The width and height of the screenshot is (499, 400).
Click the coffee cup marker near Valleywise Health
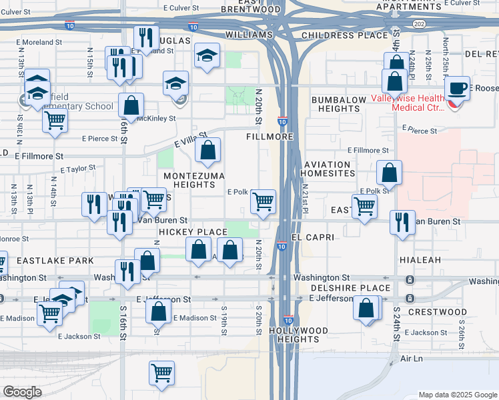[458, 89]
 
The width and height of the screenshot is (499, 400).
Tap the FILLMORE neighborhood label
[270, 136]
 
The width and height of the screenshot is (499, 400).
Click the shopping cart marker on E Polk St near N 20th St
[264, 201]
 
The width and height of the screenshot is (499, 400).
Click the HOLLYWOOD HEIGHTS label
[299, 335]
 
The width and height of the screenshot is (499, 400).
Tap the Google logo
[22, 392]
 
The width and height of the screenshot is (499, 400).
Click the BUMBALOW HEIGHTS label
[339, 104]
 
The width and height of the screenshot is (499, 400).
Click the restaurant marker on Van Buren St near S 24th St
[402, 223]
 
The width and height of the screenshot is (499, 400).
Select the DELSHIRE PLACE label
[351, 288]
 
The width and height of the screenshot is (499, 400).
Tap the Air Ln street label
[412, 359]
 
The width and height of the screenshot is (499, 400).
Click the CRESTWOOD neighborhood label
[438, 312]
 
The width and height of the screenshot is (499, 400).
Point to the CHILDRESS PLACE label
[344, 35]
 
